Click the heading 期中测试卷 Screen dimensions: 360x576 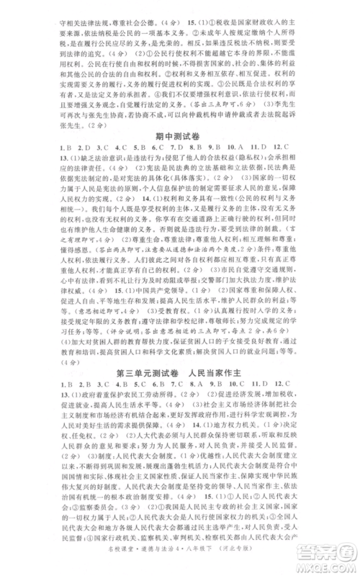180,156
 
